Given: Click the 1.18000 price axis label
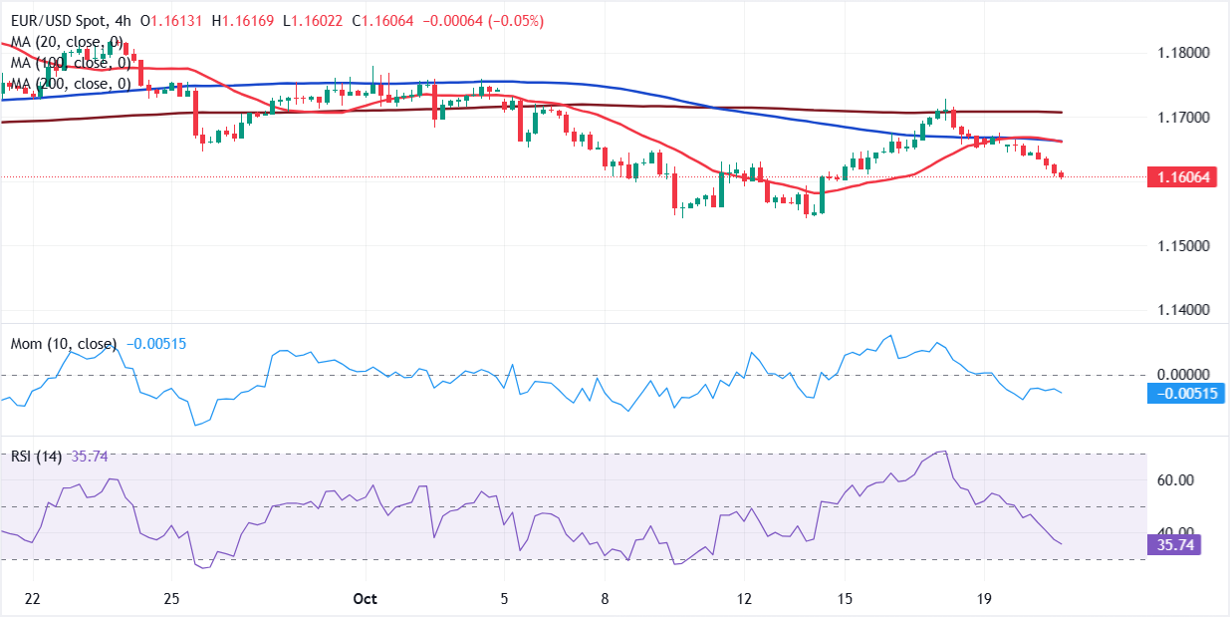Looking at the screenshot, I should [x=1182, y=53].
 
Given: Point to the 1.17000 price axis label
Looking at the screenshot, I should [x=1182, y=118].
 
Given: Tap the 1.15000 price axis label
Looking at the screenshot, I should [x=1182, y=246].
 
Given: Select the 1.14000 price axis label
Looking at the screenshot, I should [x=1182, y=310].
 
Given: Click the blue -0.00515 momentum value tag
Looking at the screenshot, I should [x=1185, y=393].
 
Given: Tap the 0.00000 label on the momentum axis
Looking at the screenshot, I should [x=1182, y=374].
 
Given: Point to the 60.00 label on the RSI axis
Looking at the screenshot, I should [x=1175, y=480].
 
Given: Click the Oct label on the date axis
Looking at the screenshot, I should [x=366, y=598].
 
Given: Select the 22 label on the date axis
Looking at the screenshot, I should [x=33, y=598].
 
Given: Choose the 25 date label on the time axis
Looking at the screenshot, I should [x=171, y=598].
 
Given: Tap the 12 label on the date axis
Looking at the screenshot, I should [x=744, y=598].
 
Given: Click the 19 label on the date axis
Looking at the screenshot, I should [x=983, y=598].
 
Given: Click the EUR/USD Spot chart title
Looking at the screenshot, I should [x=62, y=21].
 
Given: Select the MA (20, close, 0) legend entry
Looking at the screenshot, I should [x=67, y=42].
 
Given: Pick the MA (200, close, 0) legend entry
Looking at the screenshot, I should [x=70, y=84].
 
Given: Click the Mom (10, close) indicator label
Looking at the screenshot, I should [x=63, y=344].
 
